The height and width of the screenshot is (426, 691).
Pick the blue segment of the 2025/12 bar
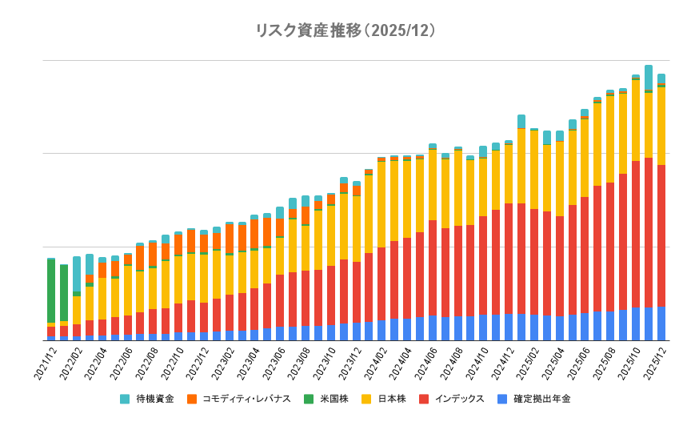coord(661,324)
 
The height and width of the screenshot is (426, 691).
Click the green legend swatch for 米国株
coord(308,398)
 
